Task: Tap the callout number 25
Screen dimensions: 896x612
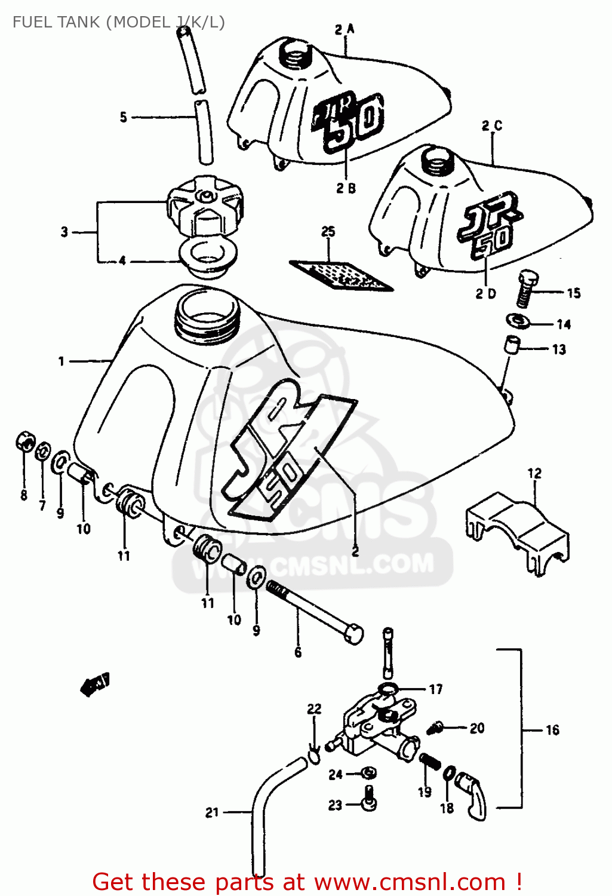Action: (328, 232)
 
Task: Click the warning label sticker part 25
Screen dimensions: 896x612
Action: (341, 274)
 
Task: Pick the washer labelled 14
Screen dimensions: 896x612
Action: (519, 321)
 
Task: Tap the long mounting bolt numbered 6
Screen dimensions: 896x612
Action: (316, 612)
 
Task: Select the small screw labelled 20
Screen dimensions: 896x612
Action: (436, 728)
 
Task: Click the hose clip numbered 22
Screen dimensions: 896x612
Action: (313, 757)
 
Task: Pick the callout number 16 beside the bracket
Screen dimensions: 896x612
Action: (552, 730)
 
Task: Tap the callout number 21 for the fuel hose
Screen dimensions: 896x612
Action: (212, 812)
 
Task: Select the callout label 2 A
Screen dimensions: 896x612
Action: (345, 29)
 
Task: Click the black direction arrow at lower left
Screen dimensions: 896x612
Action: (94, 684)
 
